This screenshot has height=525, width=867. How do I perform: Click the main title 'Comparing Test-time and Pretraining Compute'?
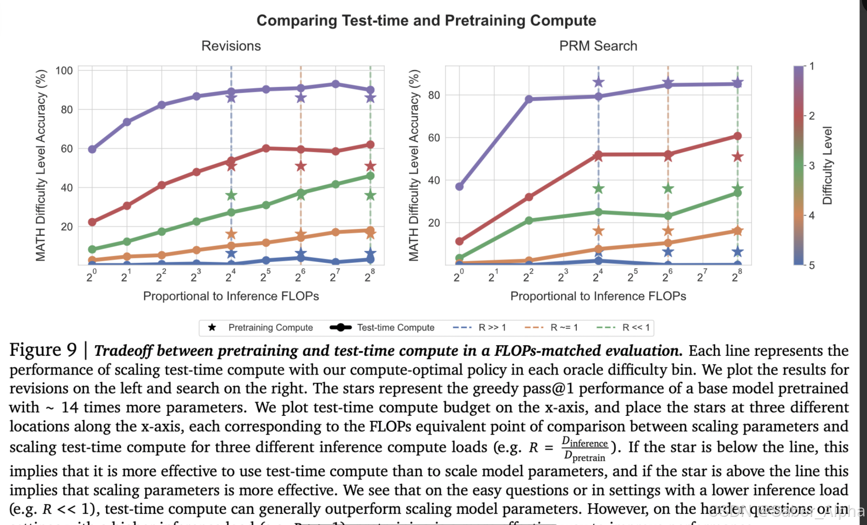point(426,20)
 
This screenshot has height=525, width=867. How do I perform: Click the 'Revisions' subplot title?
point(231,46)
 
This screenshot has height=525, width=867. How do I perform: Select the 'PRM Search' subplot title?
point(598,46)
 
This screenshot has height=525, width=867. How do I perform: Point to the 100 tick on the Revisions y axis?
point(64,71)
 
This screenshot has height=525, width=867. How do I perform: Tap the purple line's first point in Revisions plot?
point(92,149)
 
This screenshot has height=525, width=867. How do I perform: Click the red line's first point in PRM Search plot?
point(459,241)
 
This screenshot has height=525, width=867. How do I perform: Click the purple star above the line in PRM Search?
point(598,82)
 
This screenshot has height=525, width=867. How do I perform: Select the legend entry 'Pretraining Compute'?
point(270,328)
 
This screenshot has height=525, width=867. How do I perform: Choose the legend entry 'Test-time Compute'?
point(395,328)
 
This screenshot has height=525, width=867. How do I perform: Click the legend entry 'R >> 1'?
point(492,328)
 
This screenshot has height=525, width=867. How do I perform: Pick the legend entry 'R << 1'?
point(635,328)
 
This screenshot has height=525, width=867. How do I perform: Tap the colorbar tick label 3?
point(812,166)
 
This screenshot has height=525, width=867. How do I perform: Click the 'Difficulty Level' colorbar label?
point(827,165)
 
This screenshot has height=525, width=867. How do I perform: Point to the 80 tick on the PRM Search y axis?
point(434,95)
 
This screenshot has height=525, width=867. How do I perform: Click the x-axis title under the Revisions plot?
point(231,296)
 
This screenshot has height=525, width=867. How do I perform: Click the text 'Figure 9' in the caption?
point(43,350)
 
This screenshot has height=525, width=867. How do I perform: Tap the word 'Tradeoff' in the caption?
point(123,351)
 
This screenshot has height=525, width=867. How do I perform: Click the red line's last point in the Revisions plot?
point(370,145)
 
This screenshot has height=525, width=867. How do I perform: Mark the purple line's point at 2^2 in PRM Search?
point(529,99)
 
